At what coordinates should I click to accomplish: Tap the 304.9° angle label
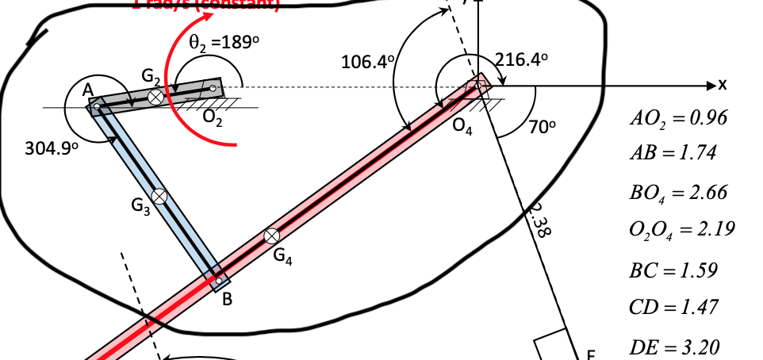(50, 148)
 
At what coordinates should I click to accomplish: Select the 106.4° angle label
(368, 62)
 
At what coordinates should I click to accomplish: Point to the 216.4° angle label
(521, 59)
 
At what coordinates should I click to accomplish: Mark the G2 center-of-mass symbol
(156, 96)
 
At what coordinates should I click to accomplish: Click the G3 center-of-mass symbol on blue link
(160, 197)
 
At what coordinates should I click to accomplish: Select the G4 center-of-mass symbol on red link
(272, 236)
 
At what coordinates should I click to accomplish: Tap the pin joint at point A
(97, 105)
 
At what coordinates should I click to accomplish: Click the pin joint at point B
(219, 280)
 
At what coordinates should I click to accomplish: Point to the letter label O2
(212, 118)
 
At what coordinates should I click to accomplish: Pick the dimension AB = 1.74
(673, 153)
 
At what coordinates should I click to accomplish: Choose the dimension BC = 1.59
(673, 270)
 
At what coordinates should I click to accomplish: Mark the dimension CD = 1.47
(673, 307)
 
